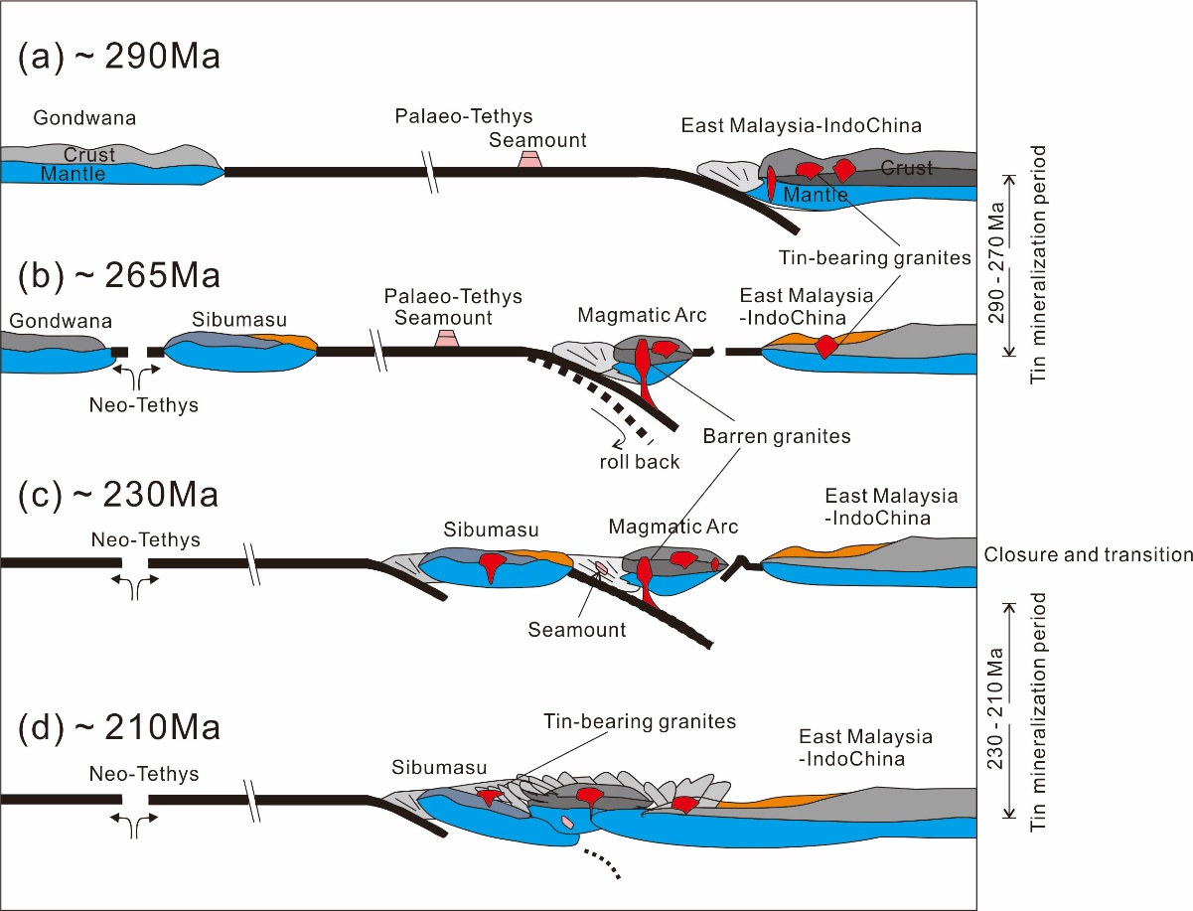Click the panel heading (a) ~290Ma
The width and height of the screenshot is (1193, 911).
119,57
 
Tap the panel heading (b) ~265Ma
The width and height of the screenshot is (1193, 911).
118,275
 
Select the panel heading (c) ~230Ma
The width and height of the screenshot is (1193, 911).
118,494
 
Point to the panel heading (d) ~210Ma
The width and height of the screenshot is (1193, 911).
118,727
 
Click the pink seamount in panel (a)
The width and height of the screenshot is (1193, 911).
530,159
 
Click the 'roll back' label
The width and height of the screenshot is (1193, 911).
639,462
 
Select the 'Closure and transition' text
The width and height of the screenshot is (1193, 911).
1088,554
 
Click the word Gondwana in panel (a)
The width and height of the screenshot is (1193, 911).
84,118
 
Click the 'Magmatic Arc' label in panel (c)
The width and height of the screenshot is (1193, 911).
673,526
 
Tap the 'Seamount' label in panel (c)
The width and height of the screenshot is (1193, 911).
577,630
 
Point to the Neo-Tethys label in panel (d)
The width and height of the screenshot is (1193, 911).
144,774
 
